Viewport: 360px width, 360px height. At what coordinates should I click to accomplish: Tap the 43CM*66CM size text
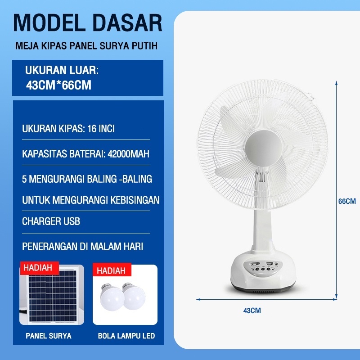pyautogui.click(x=58, y=85)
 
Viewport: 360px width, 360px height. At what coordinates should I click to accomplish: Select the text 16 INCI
pyautogui.click(x=101, y=129)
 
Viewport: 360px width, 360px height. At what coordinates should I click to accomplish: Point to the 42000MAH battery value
pyautogui.click(x=128, y=154)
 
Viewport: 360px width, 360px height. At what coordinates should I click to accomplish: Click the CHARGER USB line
pyautogui.click(x=51, y=221)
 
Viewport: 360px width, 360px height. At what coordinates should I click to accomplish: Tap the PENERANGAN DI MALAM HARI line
pyautogui.click(x=83, y=247)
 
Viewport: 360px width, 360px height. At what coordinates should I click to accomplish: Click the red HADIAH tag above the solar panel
pyautogui.click(x=39, y=268)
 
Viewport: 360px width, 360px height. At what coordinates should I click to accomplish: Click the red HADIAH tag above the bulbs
pyautogui.click(x=112, y=270)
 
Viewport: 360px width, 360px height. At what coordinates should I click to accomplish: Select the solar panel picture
pyautogui.click(x=52, y=296)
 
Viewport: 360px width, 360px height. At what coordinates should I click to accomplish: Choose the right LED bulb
pyautogui.click(x=134, y=296)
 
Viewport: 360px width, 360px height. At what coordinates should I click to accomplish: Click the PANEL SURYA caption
pyautogui.click(x=49, y=336)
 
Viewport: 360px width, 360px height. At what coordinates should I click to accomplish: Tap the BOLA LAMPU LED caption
pyautogui.click(x=126, y=336)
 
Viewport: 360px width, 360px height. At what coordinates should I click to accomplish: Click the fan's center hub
pyautogui.click(x=263, y=148)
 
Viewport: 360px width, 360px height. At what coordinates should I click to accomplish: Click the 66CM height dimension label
pyautogui.click(x=347, y=201)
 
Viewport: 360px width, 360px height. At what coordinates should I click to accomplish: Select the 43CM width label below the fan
pyautogui.click(x=252, y=310)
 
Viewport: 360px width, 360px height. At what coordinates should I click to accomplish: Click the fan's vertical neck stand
pyautogui.click(x=263, y=229)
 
